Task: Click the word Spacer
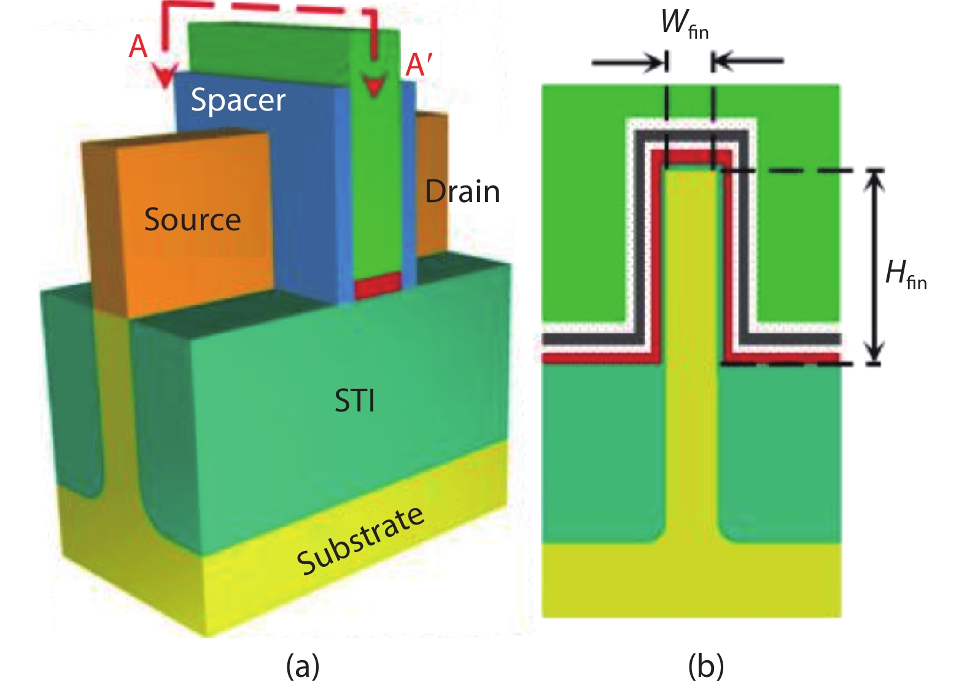tap(238, 100)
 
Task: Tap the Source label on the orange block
tap(192, 220)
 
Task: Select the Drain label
tap(462, 192)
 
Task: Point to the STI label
tap(354, 402)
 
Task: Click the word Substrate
tap(360, 541)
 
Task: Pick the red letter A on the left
tap(138, 47)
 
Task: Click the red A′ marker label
tap(419, 64)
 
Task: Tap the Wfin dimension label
tap(685, 24)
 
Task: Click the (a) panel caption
tap(303, 666)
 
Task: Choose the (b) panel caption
tap(706, 666)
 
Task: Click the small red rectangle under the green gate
tap(378, 286)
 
